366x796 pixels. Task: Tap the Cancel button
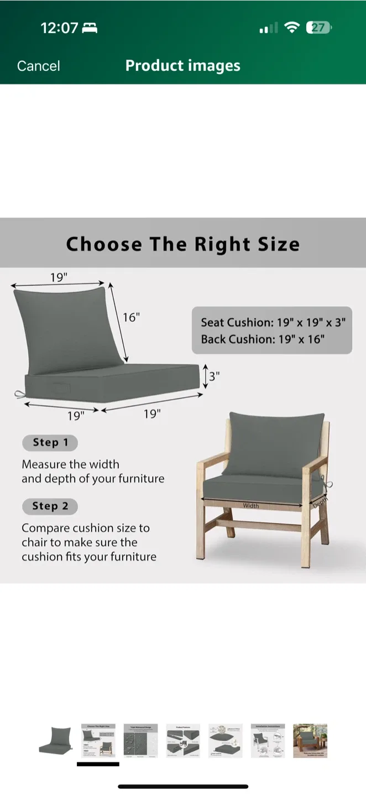(x=38, y=66)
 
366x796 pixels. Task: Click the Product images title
(x=182, y=65)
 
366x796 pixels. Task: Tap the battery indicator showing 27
(x=319, y=28)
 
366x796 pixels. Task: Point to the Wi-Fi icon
(x=291, y=28)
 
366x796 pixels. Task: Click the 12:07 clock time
(x=59, y=28)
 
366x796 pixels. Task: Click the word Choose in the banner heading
(x=103, y=244)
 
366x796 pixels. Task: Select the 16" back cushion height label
(x=131, y=317)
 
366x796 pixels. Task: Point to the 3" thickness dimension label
(x=214, y=376)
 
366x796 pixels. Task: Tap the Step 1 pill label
(x=50, y=442)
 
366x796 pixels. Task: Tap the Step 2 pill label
(x=50, y=506)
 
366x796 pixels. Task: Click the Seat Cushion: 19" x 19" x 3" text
(x=273, y=322)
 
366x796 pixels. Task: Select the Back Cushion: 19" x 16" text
(x=262, y=339)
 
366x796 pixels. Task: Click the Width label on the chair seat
(x=250, y=505)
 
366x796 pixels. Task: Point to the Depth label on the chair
(x=320, y=501)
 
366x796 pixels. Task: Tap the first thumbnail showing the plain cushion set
(x=55, y=740)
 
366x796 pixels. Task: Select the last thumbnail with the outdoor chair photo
(x=310, y=740)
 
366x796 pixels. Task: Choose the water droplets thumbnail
(x=140, y=740)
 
